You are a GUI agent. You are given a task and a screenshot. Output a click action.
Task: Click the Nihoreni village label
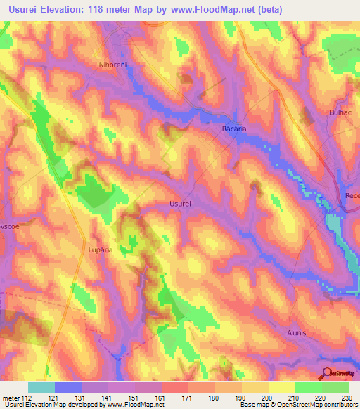[x=113, y=63]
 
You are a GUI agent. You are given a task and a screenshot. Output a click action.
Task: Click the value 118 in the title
[x=119, y=10]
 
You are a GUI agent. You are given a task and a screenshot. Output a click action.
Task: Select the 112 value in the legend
[x=27, y=397]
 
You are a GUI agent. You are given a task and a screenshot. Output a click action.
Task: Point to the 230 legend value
[x=348, y=397]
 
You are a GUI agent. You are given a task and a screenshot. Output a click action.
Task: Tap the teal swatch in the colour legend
[x=41, y=387]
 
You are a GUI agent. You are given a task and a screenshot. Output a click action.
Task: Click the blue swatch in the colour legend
[x=67, y=387]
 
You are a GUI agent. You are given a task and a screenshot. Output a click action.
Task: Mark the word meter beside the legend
[x=11, y=397]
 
